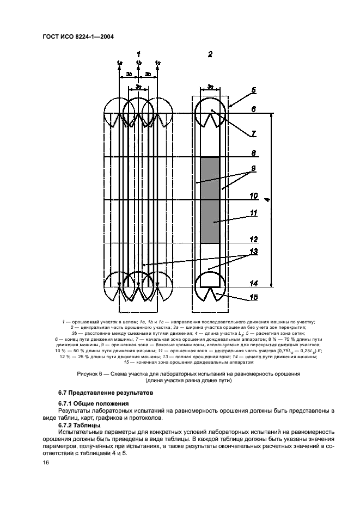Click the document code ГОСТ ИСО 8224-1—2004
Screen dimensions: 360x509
(78, 37)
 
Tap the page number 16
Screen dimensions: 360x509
(45, 463)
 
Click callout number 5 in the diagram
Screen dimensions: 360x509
(254, 90)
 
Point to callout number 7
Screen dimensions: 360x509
(253, 133)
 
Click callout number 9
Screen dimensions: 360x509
(253, 168)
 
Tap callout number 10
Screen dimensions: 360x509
(253, 195)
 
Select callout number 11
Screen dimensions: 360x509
(253, 213)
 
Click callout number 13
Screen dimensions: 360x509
(253, 252)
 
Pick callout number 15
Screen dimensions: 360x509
(253, 297)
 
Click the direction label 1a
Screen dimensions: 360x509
(119, 62)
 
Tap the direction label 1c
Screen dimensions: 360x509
(158, 62)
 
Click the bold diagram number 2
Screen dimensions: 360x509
(210, 54)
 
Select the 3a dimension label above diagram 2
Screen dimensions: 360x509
(210, 87)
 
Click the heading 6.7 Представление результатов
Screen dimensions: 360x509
(106, 393)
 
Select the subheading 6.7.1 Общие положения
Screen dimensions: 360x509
(94, 403)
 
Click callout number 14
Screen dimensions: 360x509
(253, 284)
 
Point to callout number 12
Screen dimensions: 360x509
(253, 239)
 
